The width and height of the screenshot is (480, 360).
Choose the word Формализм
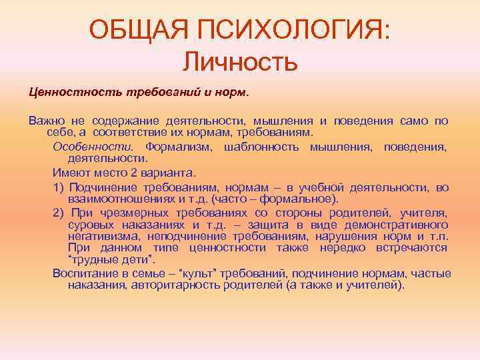tap(179, 146)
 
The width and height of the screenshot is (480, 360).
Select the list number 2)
tap(58, 213)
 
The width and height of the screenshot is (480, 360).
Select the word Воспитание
tap(81, 273)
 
